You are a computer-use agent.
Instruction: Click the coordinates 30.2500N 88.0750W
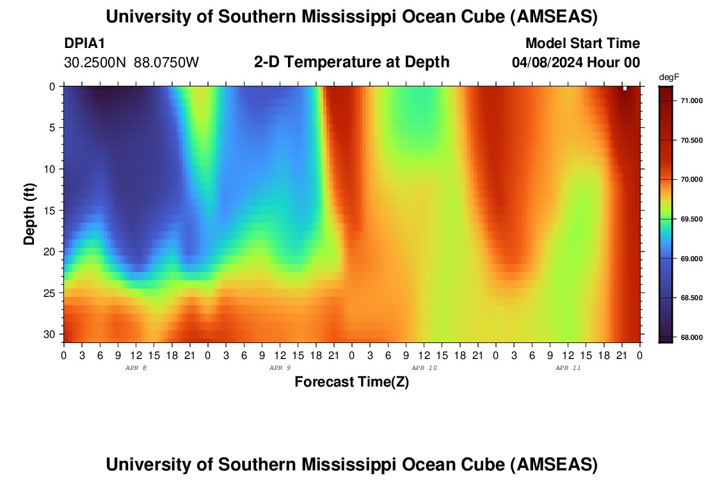click(x=131, y=63)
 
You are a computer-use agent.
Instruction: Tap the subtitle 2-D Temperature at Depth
click(x=351, y=62)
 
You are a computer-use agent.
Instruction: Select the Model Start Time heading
click(x=582, y=44)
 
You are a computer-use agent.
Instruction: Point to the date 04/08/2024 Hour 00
click(x=575, y=63)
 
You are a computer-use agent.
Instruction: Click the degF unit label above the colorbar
click(x=669, y=77)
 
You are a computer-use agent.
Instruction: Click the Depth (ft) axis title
click(x=29, y=213)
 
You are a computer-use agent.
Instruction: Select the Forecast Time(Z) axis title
click(x=351, y=382)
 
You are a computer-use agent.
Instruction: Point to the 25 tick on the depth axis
click(x=52, y=293)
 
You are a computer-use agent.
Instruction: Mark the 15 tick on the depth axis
click(x=52, y=210)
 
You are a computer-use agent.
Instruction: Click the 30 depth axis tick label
click(x=52, y=334)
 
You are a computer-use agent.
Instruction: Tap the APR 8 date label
click(x=136, y=368)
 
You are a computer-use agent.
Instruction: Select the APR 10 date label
click(x=424, y=368)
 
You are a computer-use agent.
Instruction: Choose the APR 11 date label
click(x=568, y=368)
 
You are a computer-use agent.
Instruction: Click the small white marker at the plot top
click(x=625, y=88)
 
